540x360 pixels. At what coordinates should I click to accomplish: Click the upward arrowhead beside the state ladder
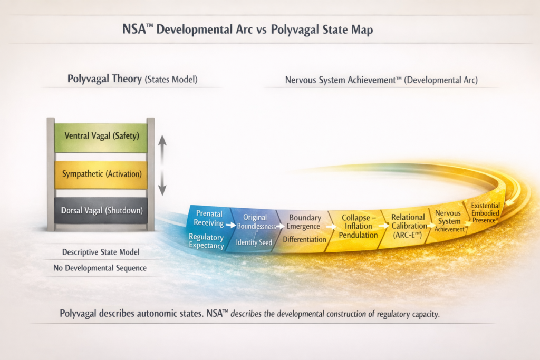point(162,140)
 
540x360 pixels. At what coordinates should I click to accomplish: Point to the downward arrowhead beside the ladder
point(162,190)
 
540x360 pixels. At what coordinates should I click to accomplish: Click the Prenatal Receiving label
point(209,218)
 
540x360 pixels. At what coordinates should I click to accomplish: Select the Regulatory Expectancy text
point(206,241)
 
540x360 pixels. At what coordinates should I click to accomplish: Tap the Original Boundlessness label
point(256,222)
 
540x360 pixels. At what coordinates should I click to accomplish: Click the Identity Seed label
point(254,242)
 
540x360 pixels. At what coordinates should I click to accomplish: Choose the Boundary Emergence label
point(304,222)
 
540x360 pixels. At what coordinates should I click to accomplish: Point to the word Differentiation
point(304,239)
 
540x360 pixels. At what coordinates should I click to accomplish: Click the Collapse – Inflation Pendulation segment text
point(358,227)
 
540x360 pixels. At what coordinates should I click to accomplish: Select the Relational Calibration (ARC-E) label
point(409,226)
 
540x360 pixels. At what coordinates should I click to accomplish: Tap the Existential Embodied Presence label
point(485,213)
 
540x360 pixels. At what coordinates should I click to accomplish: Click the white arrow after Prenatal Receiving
point(231,226)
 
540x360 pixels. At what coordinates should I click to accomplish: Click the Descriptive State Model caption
point(101,252)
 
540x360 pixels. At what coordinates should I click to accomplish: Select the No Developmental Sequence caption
point(100,268)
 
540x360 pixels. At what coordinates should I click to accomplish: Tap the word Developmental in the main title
point(195,30)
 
